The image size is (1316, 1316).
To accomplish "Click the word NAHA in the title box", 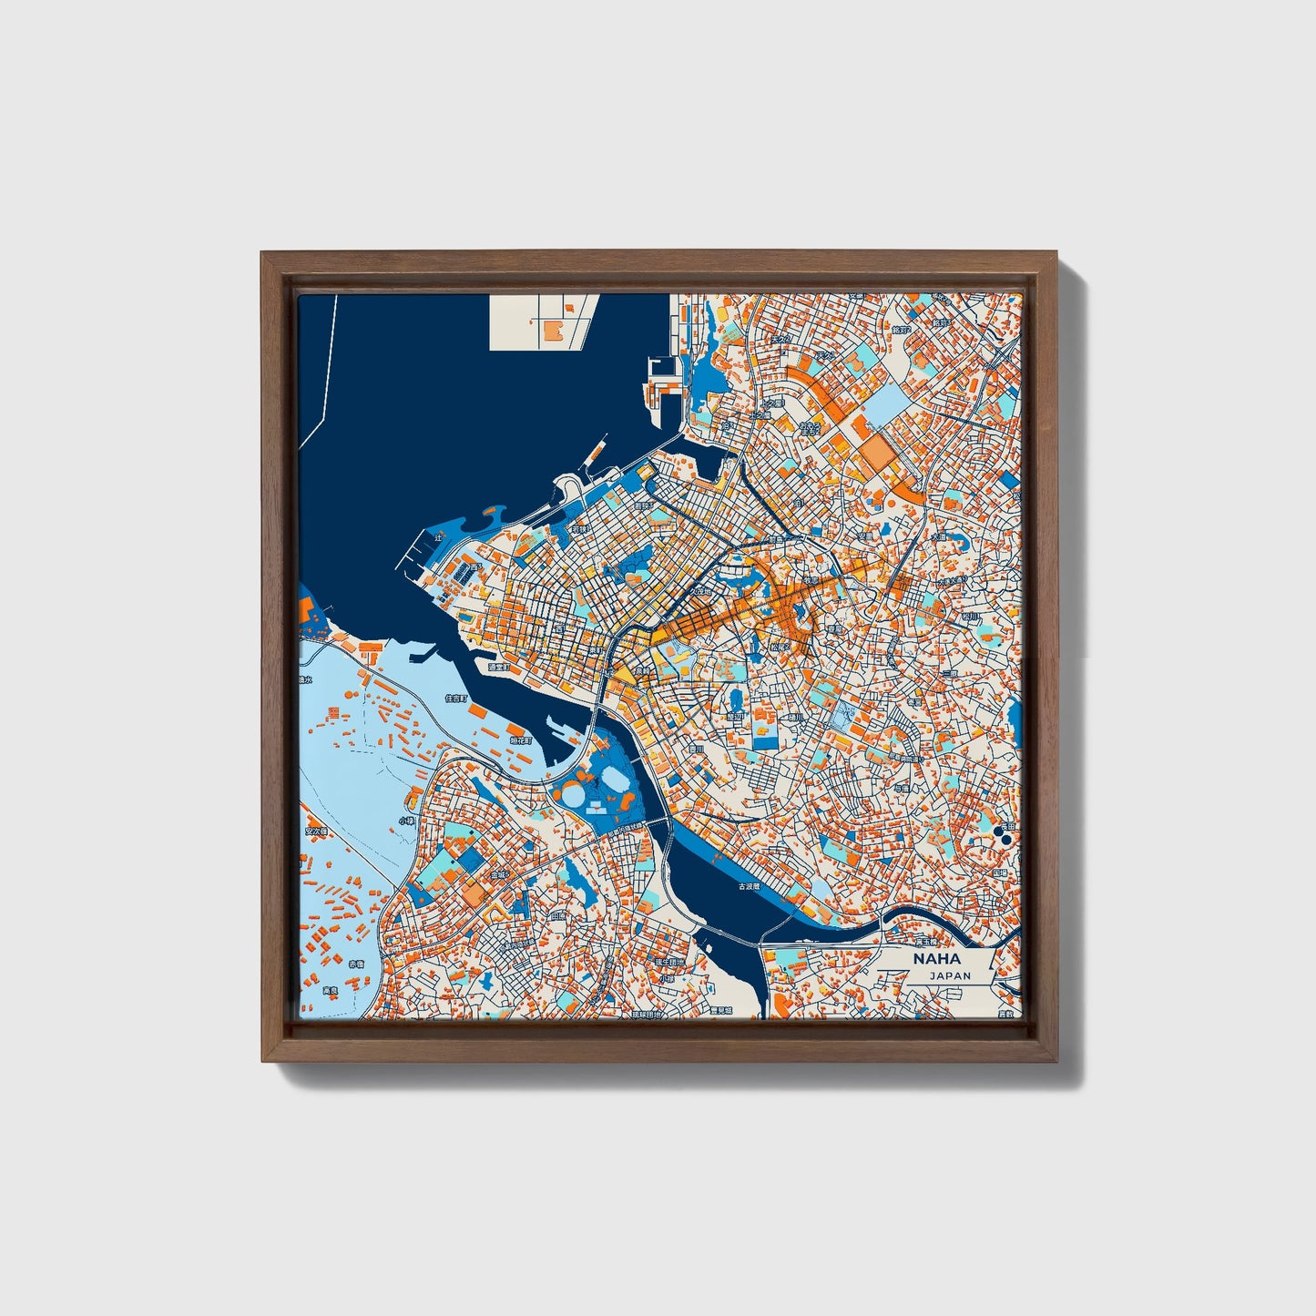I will pos(935,959).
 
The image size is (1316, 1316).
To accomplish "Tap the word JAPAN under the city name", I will pos(950,975).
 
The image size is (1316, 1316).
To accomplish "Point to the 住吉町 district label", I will pos(454,699).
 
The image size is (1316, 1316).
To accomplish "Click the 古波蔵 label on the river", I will pos(749,885).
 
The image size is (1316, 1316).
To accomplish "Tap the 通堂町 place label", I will pos(499,667).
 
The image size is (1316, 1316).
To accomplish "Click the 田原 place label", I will pos(558,915).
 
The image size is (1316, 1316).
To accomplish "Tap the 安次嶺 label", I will pos(314,831).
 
